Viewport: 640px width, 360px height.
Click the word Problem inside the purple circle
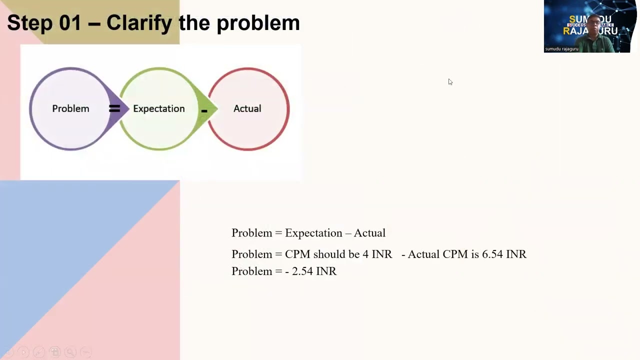coord(70,108)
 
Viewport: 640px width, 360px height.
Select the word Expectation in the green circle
coord(158,108)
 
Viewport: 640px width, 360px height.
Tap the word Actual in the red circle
coord(247,108)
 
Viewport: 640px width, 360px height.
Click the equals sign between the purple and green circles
coord(114,108)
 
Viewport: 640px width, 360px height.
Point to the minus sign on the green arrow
coord(204,110)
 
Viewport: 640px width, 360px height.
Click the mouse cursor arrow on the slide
coord(450,82)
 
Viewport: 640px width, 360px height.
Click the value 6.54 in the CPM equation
coord(492,254)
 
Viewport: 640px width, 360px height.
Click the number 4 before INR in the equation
coord(365,254)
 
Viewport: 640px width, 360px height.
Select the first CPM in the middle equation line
coord(297,254)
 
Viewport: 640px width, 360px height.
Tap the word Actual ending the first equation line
coord(369,233)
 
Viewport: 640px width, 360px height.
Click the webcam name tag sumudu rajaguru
coord(561,49)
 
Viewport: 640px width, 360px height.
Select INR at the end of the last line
coord(326,271)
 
